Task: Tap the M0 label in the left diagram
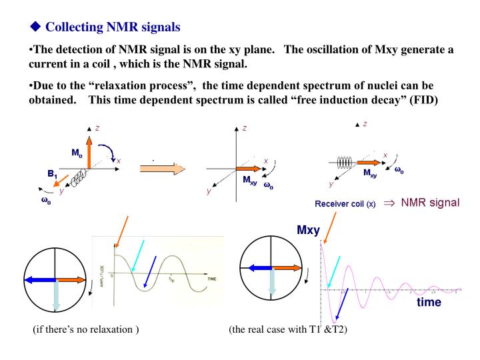click(77, 152)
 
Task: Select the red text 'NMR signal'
click(429, 202)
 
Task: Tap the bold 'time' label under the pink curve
click(429, 302)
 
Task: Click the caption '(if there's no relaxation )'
click(86, 331)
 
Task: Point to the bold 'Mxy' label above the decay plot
click(308, 231)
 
